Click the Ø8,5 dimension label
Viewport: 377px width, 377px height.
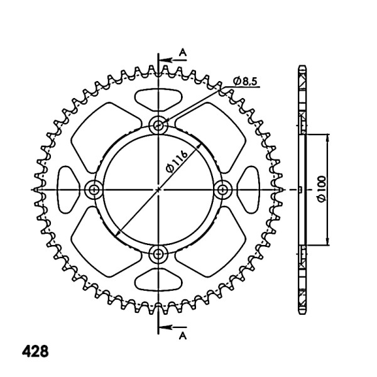(245, 81)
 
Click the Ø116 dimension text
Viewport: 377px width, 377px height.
(177, 161)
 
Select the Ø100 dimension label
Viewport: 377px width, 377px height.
(322, 188)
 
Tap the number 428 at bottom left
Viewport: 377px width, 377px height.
(35, 351)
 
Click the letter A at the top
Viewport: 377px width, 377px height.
(183, 52)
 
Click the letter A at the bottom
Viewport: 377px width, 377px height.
(183, 336)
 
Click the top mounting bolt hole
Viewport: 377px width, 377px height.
(158, 125)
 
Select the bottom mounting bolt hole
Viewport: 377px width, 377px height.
(158, 253)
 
